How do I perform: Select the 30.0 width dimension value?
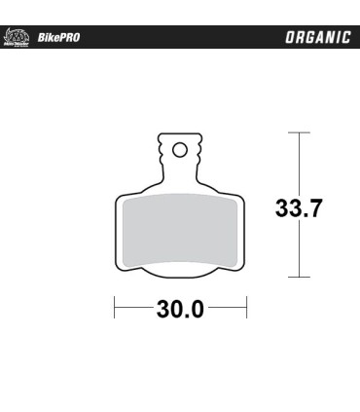pyautogui.click(x=179, y=311)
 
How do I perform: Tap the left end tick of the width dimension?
pyautogui.click(x=116, y=311)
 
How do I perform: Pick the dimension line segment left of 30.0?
pyautogui.click(x=134, y=311)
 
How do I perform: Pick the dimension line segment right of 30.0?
pyautogui.click(x=225, y=311)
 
